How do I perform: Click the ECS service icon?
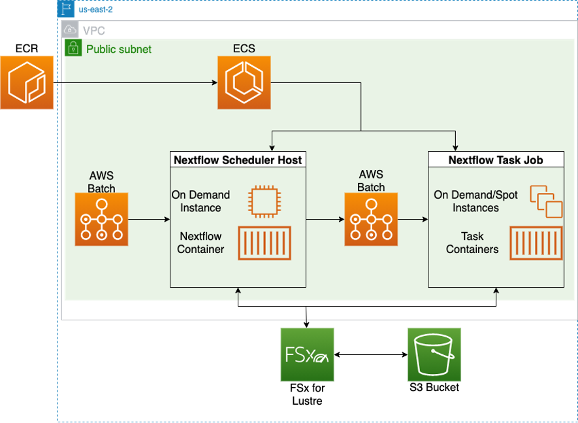tap(244, 82)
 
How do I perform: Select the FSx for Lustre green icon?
tap(307, 355)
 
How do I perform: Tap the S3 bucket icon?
tap(434, 355)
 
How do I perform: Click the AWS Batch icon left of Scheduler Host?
tap(101, 219)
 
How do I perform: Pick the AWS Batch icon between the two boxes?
tap(371, 219)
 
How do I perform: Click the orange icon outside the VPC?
tap(27, 82)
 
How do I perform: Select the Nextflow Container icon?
tap(264, 243)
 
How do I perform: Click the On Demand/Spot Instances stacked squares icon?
tap(545, 201)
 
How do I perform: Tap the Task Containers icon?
tap(535, 243)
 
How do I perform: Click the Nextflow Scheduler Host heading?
tap(238, 160)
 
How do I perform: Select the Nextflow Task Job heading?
tap(496, 160)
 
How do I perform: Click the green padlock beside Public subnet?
tap(73, 48)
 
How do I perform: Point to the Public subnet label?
tap(118, 49)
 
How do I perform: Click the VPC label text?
tap(93, 31)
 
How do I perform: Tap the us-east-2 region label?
tap(95, 10)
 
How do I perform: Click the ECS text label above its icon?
tap(244, 49)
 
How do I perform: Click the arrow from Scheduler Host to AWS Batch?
tap(325, 219)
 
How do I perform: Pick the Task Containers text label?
tap(472, 243)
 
